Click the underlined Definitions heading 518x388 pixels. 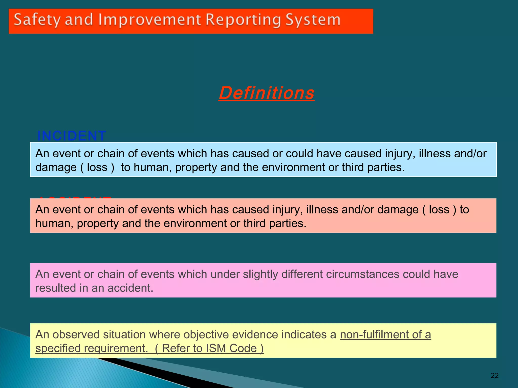point(266,93)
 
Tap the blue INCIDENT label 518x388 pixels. point(72,136)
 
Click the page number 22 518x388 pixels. point(494,376)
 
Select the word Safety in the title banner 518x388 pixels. point(37,20)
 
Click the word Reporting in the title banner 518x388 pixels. point(243,20)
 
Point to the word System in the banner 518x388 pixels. point(313,20)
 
